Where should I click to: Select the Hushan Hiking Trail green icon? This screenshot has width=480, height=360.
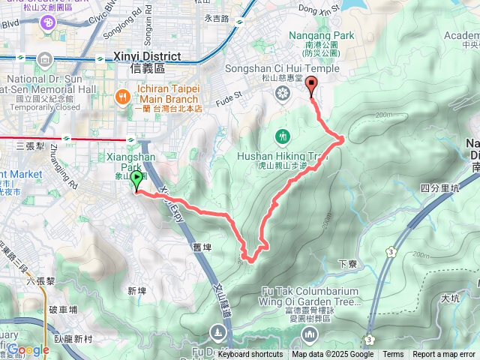283,136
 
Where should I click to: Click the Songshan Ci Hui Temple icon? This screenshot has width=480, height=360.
283,93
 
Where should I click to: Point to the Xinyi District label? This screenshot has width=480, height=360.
147,56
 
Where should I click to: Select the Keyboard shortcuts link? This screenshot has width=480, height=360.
250,355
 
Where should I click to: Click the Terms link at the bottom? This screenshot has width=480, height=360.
393,355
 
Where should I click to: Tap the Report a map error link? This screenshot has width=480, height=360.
443,355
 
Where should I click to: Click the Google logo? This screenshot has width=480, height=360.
28,349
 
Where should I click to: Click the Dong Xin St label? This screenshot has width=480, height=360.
313,9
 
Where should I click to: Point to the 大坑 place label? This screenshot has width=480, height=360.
450,298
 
